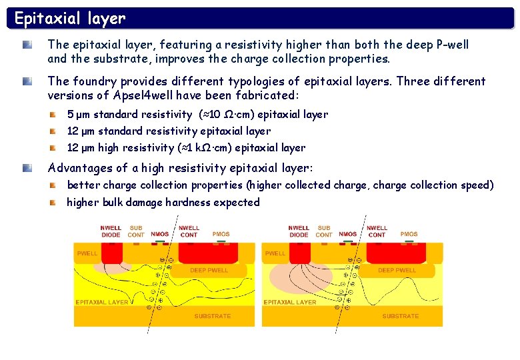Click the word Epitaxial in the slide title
(47, 18)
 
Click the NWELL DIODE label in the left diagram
(111, 231)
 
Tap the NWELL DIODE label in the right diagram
(299, 231)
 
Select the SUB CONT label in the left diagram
(136, 231)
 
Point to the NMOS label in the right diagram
(347, 234)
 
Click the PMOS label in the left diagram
(221, 234)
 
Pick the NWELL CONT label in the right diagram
(377, 231)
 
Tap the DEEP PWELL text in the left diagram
(209, 271)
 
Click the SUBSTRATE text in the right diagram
(400, 316)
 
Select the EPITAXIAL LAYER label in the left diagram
(102, 303)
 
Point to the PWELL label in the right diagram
(275, 254)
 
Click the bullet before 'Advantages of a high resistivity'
(27, 169)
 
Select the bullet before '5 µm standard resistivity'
(53, 115)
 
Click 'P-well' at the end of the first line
(451, 45)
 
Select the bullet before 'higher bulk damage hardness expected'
(53, 202)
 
